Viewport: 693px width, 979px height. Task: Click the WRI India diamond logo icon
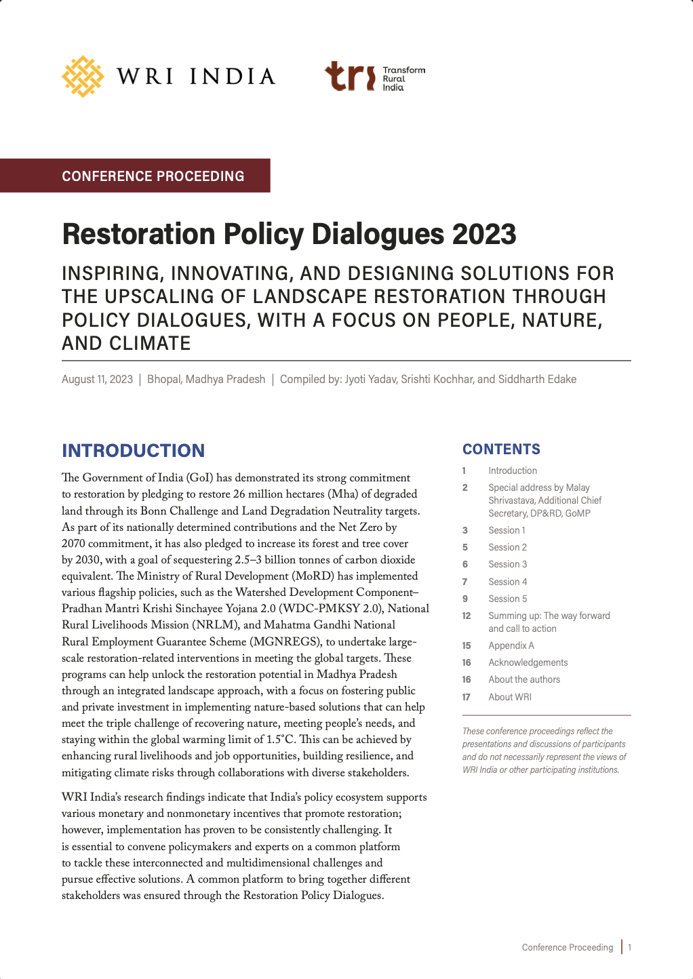click(83, 77)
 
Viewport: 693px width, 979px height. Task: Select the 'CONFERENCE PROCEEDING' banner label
click(153, 176)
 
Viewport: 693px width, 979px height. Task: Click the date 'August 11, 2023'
click(97, 379)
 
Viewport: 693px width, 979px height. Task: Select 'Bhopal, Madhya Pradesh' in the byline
click(206, 379)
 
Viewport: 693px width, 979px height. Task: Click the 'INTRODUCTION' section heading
click(133, 451)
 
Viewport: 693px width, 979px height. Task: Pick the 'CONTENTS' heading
click(501, 449)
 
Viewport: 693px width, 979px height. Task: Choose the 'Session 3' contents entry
click(507, 564)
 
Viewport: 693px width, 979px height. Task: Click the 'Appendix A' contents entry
click(511, 645)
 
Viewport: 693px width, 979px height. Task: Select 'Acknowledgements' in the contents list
click(528, 662)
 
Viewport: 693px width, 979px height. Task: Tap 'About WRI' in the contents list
click(509, 697)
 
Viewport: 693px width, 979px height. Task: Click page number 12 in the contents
click(467, 616)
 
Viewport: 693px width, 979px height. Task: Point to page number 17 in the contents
click(467, 697)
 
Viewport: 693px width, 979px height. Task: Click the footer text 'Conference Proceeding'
click(567, 947)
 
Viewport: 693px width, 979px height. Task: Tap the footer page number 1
click(630, 947)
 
